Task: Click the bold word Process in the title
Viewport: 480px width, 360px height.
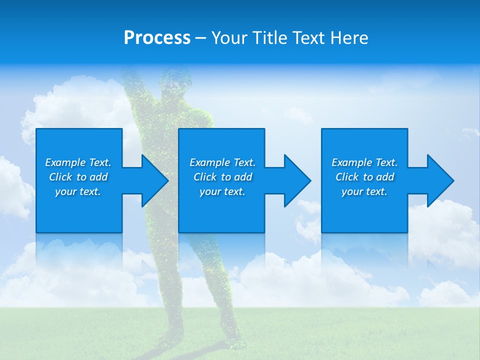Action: pos(157,38)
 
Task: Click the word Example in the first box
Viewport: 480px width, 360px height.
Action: pos(65,162)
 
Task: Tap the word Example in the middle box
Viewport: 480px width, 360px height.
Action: pos(209,162)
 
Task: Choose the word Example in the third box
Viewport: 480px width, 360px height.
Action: pos(351,162)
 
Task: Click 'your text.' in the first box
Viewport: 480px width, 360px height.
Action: pos(78,191)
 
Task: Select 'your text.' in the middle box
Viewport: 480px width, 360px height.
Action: pos(222,191)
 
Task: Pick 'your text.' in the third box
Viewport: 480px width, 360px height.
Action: pos(364,191)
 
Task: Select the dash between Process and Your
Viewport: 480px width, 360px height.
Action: pos(201,38)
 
